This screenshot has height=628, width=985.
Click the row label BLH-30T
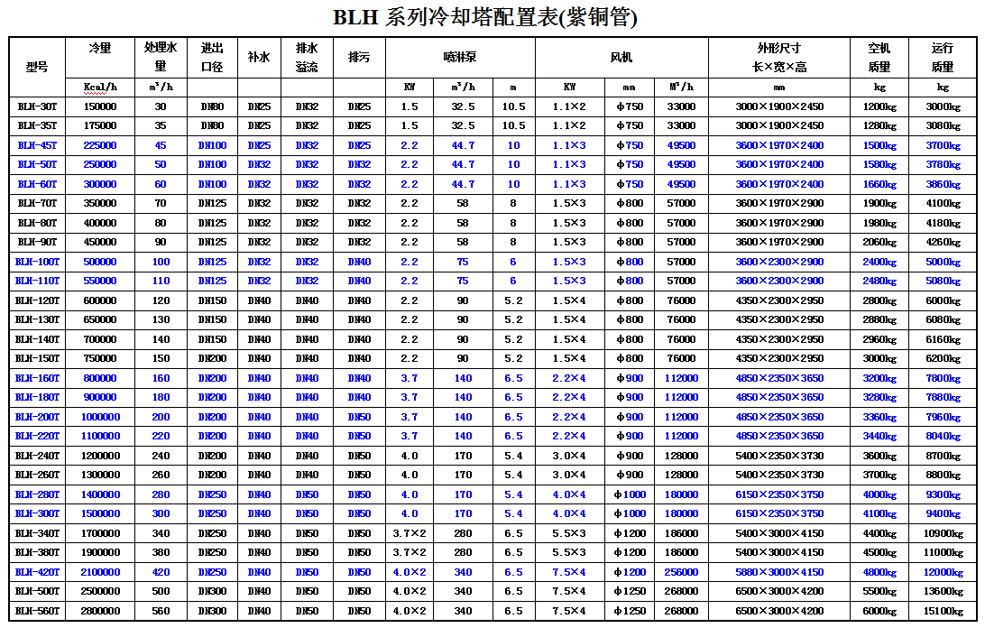point(37,106)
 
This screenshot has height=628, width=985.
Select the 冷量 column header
point(100,48)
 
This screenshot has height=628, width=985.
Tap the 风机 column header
point(621,57)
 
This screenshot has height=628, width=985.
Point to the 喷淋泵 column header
point(460,57)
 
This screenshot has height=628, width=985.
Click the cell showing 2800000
point(100,611)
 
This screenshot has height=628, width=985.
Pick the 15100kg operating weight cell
point(943,611)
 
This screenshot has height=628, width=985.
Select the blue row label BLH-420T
point(37,572)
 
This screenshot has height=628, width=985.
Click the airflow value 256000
point(682,572)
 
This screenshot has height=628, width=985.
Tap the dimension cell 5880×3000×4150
point(779,572)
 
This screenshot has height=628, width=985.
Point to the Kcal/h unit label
point(100,88)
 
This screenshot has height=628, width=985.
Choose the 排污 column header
point(359,57)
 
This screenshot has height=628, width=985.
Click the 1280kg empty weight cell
point(879,126)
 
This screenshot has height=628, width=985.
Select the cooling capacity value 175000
point(100,126)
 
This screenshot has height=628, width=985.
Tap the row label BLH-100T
point(37,262)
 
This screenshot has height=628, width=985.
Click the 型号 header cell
point(37,67)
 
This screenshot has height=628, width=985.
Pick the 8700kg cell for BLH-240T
point(943,456)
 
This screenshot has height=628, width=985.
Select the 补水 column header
point(259,57)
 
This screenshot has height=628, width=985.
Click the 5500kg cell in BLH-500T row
point(879,592)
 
